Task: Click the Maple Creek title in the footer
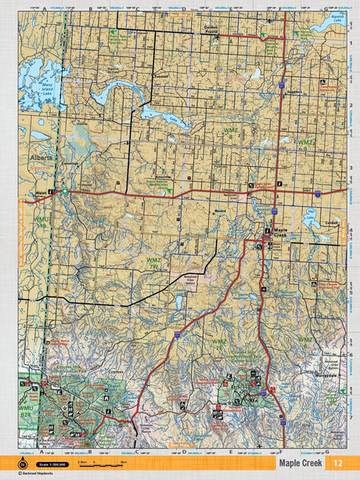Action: coord(293,463)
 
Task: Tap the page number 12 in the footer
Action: coord(337,463)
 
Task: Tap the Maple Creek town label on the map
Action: coord(280,231)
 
